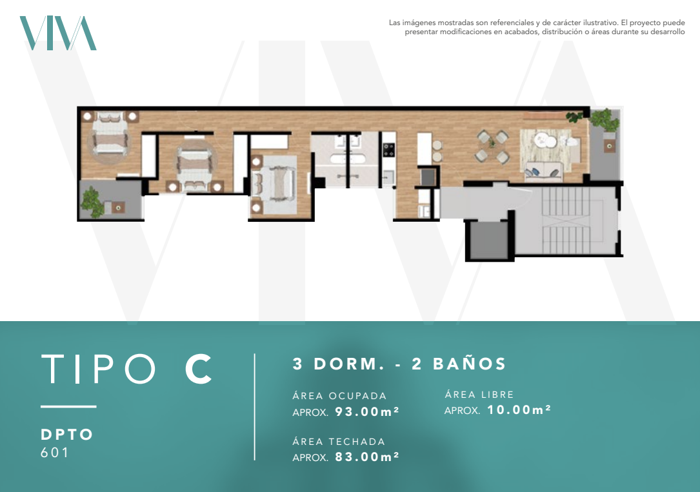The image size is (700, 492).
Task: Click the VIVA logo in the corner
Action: pyautogui.click(x=58, y=33)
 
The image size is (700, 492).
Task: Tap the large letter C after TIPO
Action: pyautogui.click(x=198, y=369)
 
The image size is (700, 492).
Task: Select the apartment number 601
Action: pyautogui.click(x=54, y=452)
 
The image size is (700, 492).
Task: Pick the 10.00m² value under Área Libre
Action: pyautogui.click(x=519, y=409)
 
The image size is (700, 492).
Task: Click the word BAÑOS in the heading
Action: pyautogui.click(x=469, y=364)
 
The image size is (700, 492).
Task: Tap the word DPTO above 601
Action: pyautogui.click(x=66, y=435)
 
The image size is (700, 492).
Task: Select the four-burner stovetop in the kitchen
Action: pyautogui.click(x=389, y=150)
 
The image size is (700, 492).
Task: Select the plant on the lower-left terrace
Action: pyautogui.click(x=93, y=202)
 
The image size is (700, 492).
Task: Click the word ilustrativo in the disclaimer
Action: pyautogui.click(x=600, y=23)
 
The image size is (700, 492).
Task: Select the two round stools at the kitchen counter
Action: pyautogui.click(x=437, y=151)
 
